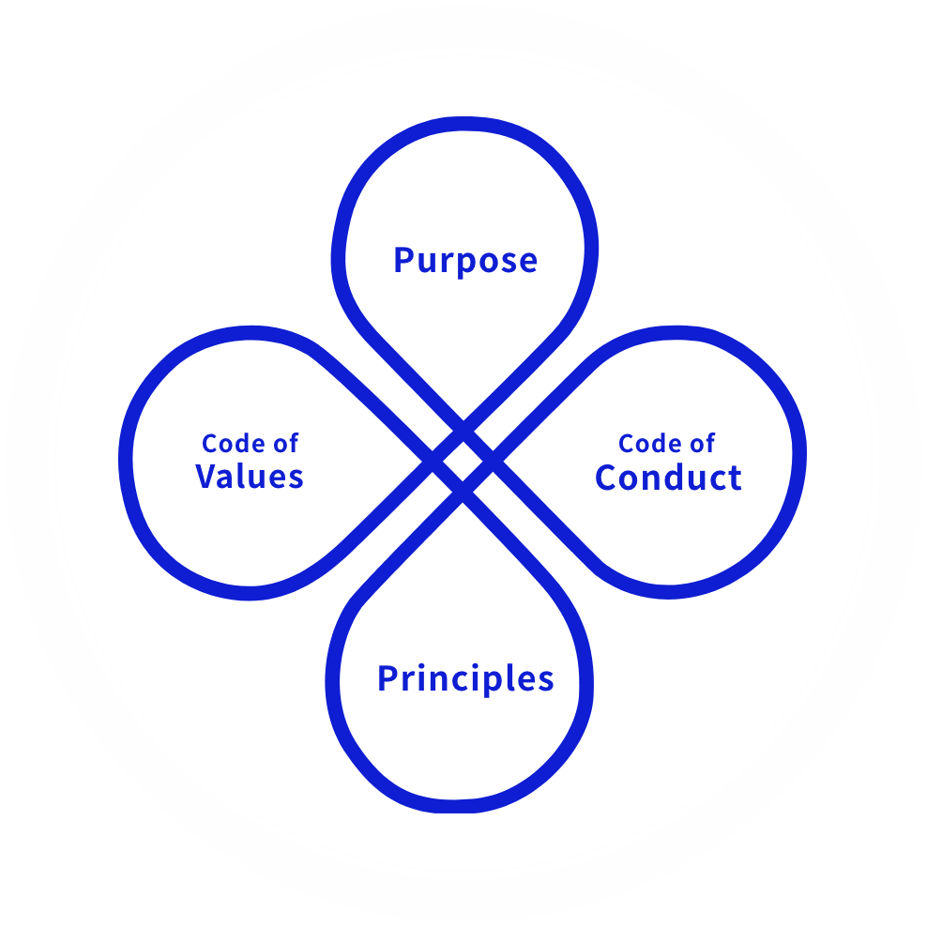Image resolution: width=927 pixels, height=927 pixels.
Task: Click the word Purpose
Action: coord(465,260)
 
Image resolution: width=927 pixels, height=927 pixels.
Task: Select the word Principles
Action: coord(465,678)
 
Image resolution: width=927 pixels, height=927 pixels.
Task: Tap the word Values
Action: coord(250,477)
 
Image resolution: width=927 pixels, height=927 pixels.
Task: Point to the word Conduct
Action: coord(668,478)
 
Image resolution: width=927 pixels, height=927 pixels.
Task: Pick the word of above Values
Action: coord(286,444)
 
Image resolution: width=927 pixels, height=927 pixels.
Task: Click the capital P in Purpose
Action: coord(404,260)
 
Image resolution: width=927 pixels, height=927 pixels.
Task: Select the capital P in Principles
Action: coord(388,678)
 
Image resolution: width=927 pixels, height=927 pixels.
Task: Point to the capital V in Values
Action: coord(208,477)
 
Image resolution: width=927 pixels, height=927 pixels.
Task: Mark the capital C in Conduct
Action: coord(608,478)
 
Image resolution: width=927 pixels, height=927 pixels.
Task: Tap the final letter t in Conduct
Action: coord(735,479)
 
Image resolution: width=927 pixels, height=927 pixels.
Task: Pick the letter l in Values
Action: coord(244,476)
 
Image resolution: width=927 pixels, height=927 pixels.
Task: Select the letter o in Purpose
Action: coord(485,263)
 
